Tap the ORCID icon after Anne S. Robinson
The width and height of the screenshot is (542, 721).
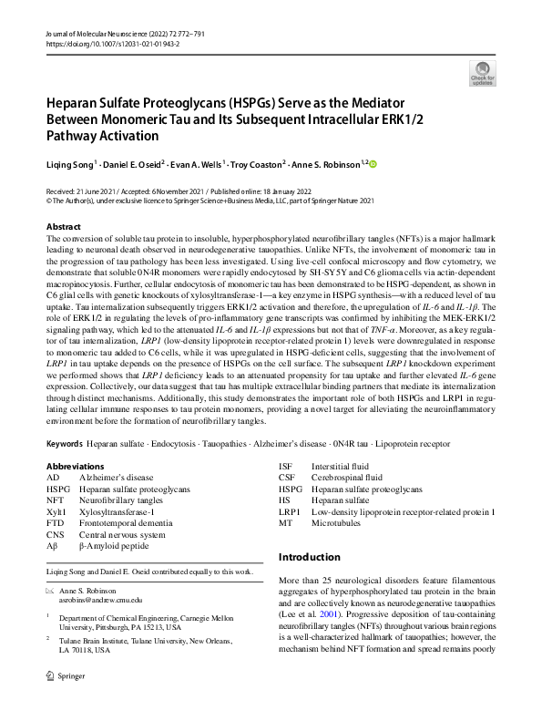pyautogui.click(x=372, y=163)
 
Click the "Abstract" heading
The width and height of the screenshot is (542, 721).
pyautogui.click(x=63, y=225)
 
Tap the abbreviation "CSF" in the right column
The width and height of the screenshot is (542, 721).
pyautogui.click(x=286, y=477)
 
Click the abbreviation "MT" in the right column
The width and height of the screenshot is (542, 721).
pyautogui.click(x=285, y=523)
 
